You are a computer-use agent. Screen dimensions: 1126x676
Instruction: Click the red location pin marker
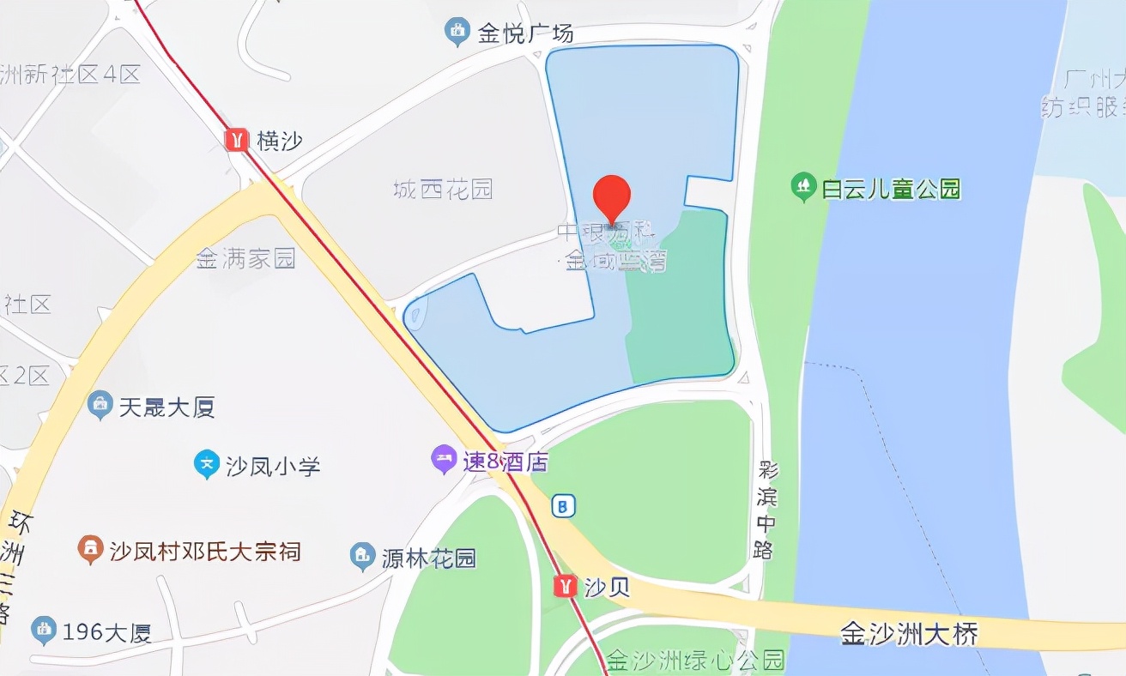pyautogui.click(x=612, y=196)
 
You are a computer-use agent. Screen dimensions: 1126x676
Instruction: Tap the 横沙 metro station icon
pyautogui.click(x=236, y=140)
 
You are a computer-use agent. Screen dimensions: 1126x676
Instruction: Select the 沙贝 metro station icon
pyautogui.click(x=565, y=586)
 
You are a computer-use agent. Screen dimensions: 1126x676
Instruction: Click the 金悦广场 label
pyautogui.click(x=525, y=34)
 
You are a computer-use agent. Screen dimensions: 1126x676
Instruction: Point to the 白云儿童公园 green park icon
pyautogui.click(x=802, y=187)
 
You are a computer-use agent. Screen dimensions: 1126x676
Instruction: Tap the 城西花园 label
pyautogui.click(x=443, y=189)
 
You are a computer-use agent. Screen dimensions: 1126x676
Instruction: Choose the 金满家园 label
pyautogui.click(x=245, y=258)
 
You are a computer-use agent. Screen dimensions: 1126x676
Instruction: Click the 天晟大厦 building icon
pyautogui.click(x=100, y=405)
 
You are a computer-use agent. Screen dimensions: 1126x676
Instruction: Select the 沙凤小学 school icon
pyautogui.click(x=206, y=465)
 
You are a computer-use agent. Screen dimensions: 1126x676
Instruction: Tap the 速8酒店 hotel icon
pyautogui.click(x=443, y=461)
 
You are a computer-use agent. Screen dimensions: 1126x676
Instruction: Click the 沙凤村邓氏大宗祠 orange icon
pyautogui.click(x=89, y=549)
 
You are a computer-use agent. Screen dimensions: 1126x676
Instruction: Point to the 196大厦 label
pyautogui.click(x=106, y=632)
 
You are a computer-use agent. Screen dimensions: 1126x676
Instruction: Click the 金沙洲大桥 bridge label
pyautogui.click(x=909, y=635)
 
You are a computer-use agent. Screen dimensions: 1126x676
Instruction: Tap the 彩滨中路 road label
pyautogui.click(x=766, y=510)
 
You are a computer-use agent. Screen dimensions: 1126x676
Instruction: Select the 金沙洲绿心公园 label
pyautogui.click(x=695, y=661)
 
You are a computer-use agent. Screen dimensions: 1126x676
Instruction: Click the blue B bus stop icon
pyautogui.click(x=563, y=505)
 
